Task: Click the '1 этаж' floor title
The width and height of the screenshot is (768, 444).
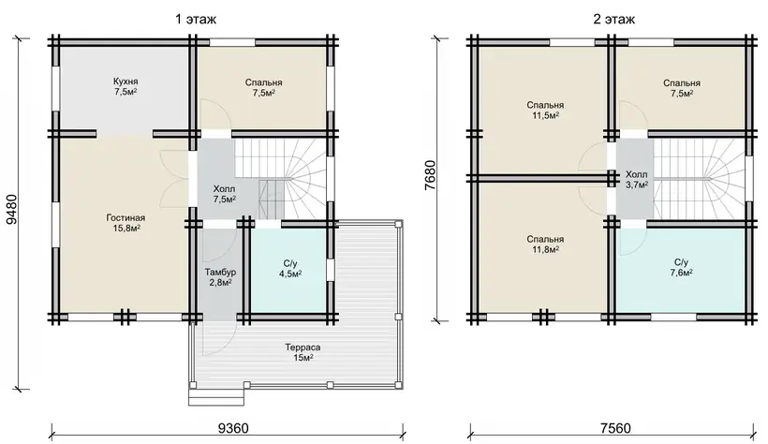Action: click(x=196, y=19)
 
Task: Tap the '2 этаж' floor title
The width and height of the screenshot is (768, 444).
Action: click(x=614, y=19)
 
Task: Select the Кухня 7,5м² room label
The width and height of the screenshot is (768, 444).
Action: click(x=126, y=86)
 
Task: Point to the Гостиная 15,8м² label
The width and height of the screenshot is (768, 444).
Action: click(x=126, y=223)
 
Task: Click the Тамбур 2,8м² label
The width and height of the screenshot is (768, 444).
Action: click(x=220, y=277)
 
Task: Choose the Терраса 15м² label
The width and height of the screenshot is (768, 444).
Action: click(x=303, y=352)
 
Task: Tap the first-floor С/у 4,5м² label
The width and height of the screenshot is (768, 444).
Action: click(x=290, y=269)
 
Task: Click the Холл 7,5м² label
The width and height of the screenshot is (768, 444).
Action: click(x=225, y=194)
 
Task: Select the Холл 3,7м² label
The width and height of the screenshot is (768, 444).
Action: click(x=636, y=179)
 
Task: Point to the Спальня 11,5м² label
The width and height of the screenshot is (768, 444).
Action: click(x=545, y=110)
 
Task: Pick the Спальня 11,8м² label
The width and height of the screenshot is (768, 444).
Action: click(x=545, y=244)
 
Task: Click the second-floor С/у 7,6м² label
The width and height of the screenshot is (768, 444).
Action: click(x=681, y=267)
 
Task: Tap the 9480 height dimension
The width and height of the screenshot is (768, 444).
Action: click(x=11, y=209)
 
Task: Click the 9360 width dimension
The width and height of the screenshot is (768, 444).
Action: click(x=233, y=428)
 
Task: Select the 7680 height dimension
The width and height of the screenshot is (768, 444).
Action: click(x=430, y=175)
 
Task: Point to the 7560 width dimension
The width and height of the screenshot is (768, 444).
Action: click(x=615, y=428)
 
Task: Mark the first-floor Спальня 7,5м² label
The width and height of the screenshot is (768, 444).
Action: click(x=263, y=88)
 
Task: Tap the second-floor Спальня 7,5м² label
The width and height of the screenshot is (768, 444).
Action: click(x=682, y=88)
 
